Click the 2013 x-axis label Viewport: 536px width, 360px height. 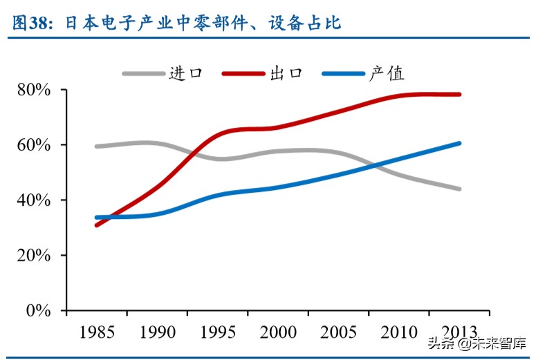tap(459, 332)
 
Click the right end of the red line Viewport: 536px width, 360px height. tap(459, 95)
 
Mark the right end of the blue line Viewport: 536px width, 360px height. tap(459, 144)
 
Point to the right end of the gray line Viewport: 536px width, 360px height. tap(459, 189)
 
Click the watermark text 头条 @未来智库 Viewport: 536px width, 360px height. tap(477, 343)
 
